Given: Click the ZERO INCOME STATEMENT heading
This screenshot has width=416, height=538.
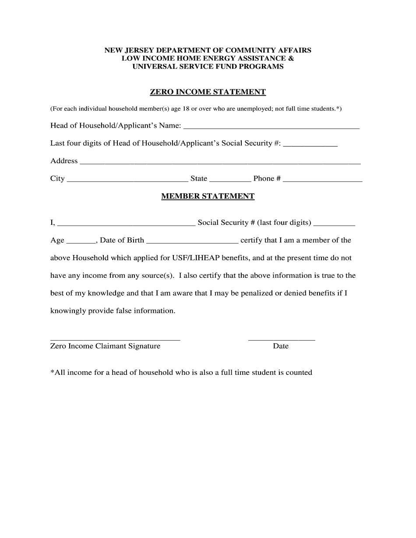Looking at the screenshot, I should [208, 92].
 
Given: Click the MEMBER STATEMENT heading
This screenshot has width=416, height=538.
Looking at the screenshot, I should [208, 196].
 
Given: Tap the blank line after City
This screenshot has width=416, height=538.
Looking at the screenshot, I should [127, 179].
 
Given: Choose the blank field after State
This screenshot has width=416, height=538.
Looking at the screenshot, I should [230, 179].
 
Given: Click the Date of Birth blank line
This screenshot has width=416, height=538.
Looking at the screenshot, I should [192, 241].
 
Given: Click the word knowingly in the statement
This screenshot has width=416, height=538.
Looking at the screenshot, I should [68, 311].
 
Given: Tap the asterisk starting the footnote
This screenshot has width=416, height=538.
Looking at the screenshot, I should [52, 372].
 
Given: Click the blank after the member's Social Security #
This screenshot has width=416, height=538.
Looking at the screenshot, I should [334, 224].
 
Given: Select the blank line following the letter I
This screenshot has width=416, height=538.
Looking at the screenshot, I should [126, 224].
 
